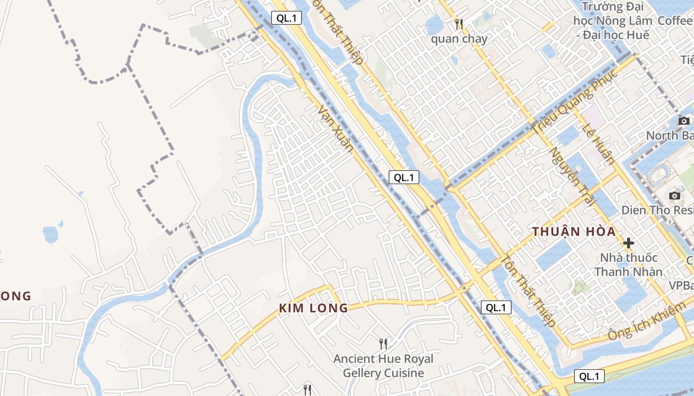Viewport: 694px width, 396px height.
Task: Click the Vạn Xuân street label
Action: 336,128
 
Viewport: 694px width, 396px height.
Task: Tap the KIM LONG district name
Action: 313,308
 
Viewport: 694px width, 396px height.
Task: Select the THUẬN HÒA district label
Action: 574,231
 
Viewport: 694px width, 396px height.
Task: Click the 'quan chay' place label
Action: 459,39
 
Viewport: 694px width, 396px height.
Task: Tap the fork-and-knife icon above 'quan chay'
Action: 459,24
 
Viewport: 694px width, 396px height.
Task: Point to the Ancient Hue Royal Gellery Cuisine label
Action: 383,366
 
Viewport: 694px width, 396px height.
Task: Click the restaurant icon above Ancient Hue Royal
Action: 383,343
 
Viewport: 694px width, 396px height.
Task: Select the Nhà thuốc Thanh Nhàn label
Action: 629,264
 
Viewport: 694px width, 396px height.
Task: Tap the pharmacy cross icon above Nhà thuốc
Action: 629,243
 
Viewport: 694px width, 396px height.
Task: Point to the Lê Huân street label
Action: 598,144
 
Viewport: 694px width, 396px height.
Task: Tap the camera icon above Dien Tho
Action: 674,196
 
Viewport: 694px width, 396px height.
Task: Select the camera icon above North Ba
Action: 684,121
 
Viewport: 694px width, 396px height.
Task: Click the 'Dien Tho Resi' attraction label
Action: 657,210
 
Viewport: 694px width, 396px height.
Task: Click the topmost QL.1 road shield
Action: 287,18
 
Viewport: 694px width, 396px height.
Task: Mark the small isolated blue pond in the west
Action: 51,233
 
